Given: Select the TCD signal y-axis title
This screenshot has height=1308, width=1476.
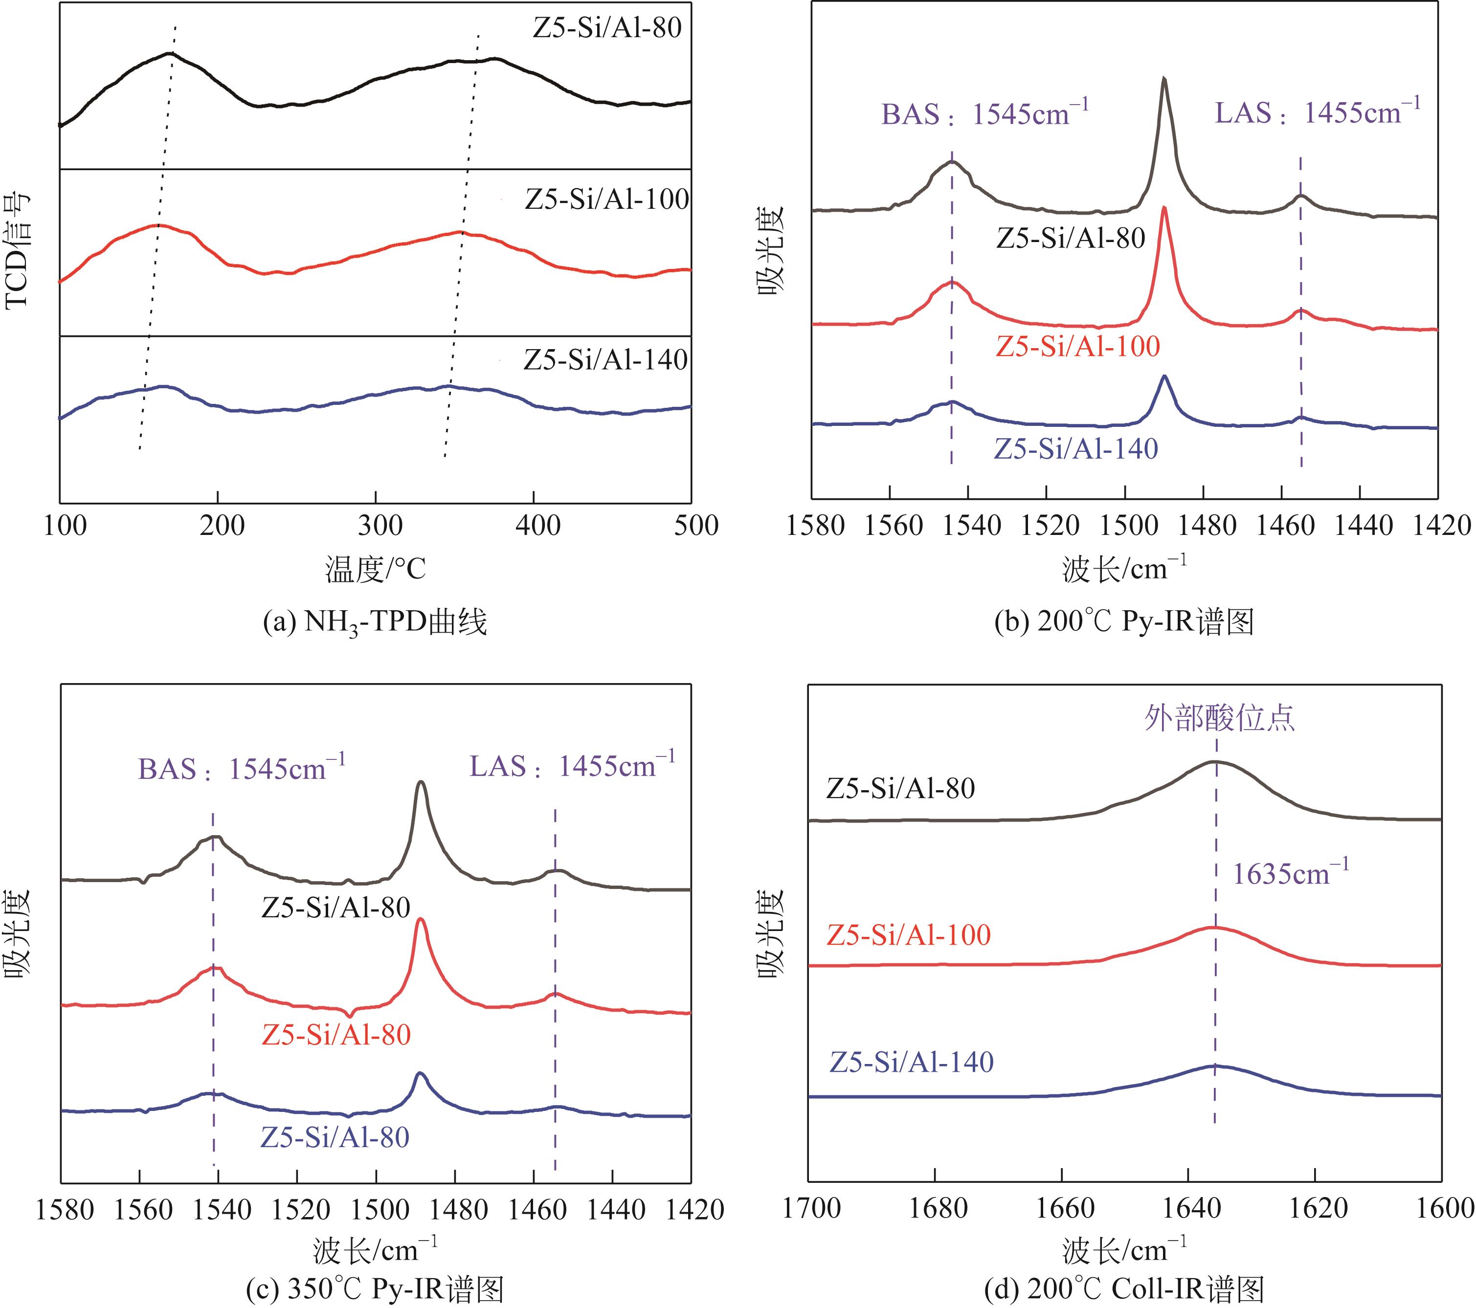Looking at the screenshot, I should point(18,252).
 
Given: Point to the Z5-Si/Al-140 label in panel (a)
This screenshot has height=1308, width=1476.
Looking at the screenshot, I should point(605,359).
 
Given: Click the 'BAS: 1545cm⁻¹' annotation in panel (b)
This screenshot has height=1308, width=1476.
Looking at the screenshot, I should point(984,113).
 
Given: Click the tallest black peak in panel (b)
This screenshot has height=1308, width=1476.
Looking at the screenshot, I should point(1163,79).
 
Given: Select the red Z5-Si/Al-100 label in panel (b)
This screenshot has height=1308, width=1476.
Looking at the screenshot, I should point(1077,347).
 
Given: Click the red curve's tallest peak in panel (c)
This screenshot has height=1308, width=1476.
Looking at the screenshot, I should point(420,920).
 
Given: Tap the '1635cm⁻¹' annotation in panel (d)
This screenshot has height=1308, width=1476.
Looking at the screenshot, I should point(1290,873).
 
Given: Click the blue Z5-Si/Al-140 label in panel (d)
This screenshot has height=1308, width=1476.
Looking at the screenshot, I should point(911,1062).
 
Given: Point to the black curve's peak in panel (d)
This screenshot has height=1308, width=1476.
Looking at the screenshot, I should point(1215,761).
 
